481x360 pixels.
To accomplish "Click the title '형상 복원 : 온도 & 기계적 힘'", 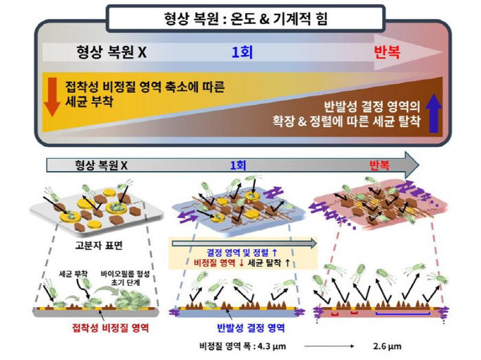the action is pos(246,19).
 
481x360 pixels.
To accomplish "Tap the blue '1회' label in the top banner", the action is pos(242,52).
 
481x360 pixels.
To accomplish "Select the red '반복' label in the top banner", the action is pos(387,52).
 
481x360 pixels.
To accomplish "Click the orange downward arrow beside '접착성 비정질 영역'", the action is pos(52,97).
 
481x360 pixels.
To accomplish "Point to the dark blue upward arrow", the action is pos(434,113).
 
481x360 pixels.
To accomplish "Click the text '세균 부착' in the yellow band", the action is pos(89,101).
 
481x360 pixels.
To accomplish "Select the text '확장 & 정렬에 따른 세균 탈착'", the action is pos(346,121).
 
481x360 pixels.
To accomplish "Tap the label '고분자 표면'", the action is pos(99,245).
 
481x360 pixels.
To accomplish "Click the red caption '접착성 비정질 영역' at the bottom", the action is pos(111,328).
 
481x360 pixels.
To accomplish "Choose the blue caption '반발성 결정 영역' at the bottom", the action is pos(251,328).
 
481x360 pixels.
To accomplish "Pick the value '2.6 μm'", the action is pos(387,346).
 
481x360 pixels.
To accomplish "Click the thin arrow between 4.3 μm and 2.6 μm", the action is pos(329,346).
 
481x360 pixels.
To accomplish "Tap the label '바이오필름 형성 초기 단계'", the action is pos(125,278).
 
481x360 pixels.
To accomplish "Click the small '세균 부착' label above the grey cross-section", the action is pos(73,273).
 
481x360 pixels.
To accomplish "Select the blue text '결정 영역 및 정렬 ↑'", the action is pos(242,253).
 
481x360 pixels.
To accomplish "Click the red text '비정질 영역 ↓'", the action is pos(219,263).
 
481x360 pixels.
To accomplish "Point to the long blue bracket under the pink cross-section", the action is pos(403,313).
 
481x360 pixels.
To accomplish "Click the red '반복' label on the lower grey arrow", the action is pos(379,166).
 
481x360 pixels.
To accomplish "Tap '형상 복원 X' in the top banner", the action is pos(111,52).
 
